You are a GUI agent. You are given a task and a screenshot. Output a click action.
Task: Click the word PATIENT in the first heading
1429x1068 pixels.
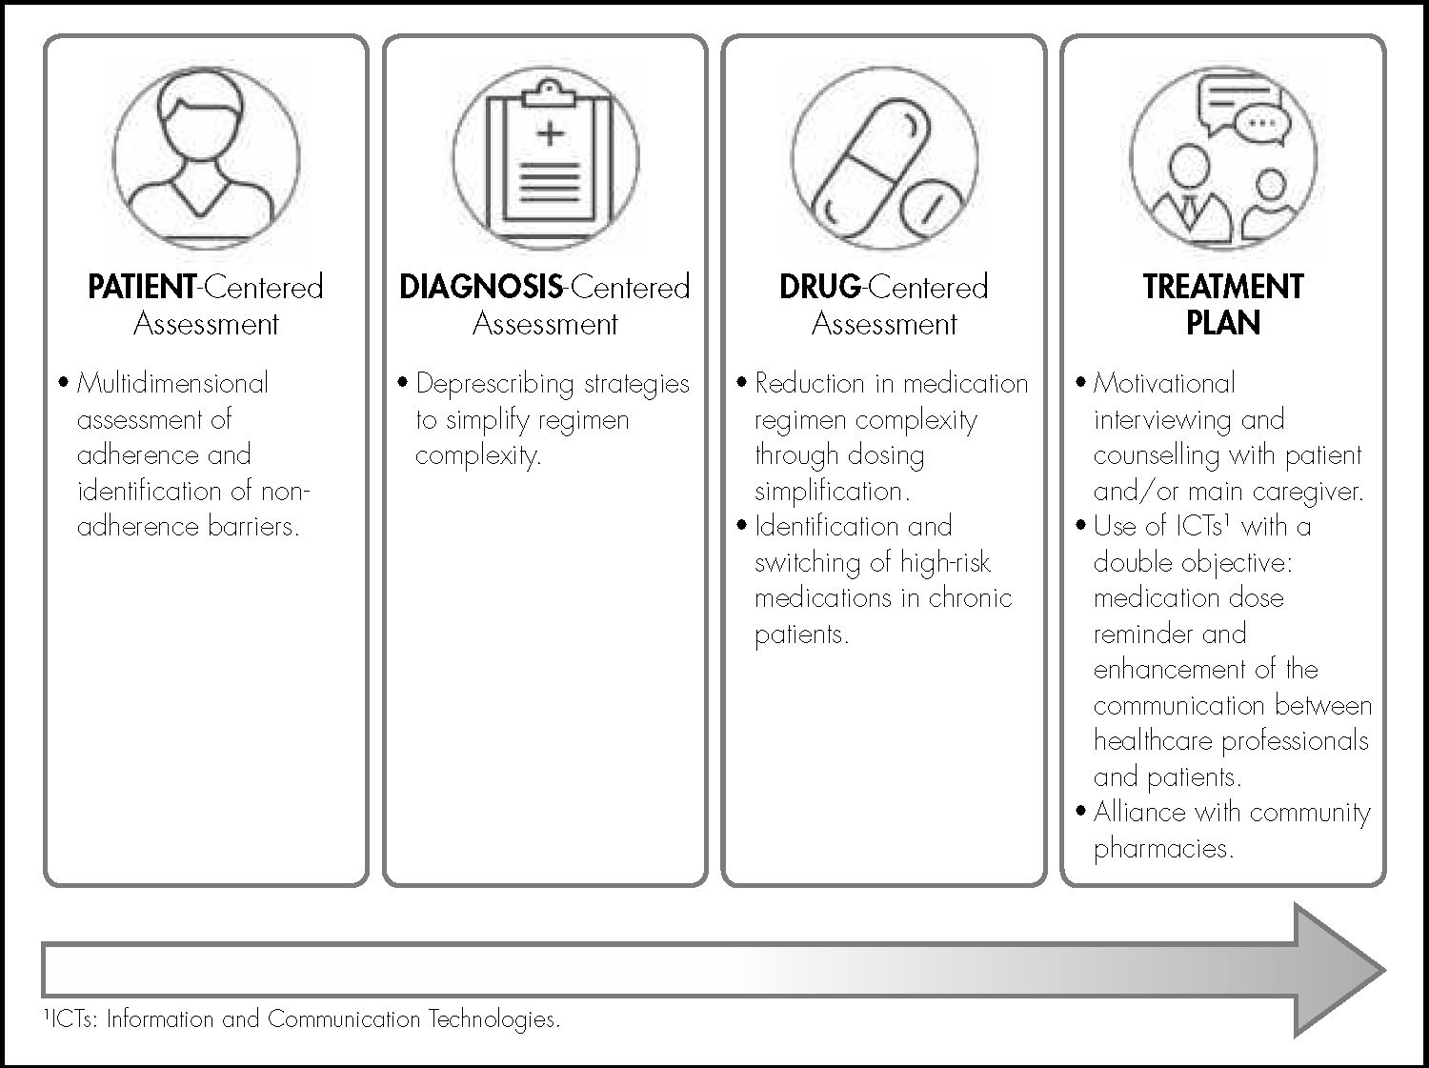(141, 287)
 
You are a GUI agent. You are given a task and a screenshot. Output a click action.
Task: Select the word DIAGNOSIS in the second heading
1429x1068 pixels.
(481, 287)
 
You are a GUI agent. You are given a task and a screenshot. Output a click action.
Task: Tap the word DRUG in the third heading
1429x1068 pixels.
(819, 287)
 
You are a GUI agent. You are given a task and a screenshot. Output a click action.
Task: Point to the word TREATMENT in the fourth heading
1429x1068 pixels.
(1223, 287)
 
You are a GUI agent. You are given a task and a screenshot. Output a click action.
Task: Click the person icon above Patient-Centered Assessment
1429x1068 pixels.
(206, 157)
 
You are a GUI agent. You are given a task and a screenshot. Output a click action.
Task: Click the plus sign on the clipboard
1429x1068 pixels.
(550, 133)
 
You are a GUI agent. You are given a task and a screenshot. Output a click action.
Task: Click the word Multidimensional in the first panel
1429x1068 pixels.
(172, 384)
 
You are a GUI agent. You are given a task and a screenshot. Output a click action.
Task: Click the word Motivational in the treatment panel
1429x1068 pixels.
(1164, 384)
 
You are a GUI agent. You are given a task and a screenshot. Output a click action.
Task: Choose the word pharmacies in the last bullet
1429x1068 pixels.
(1162, 849)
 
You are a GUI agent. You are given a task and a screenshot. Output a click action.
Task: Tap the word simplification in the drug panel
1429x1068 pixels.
(831, 492)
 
